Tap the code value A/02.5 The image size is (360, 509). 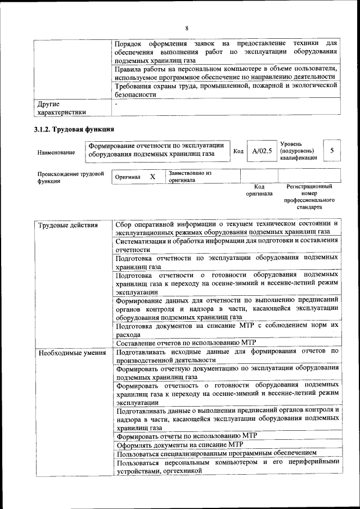[262, 151]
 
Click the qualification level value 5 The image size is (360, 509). [332, 150]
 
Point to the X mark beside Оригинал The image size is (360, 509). [152, 177]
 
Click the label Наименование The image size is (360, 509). [56, 152]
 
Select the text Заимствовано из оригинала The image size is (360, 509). [190, 177]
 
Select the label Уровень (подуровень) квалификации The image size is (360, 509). [298, 151]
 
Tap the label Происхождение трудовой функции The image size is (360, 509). [71, 177]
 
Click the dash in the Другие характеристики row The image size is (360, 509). [116, 104]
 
